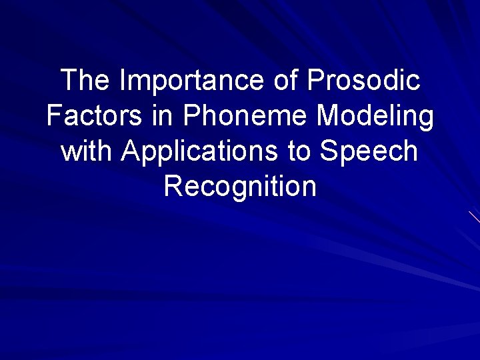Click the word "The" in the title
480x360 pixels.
[x=85, y=81]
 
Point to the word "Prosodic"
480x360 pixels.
[x=363, y=81]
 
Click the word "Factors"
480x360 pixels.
[x=88, y=116]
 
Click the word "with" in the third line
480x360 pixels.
[x=86, y=151]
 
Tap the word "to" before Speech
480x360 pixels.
[x=298, y=151]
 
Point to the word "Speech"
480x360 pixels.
[x=369, y=153]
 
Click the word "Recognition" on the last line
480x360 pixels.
[x=240, y=187]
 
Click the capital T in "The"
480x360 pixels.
[x=69, y=81]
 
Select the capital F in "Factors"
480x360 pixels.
[x=53, y=116]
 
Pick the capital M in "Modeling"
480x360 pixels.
[x=327, y=116]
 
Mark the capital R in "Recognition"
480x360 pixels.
[x=173, y=186]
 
